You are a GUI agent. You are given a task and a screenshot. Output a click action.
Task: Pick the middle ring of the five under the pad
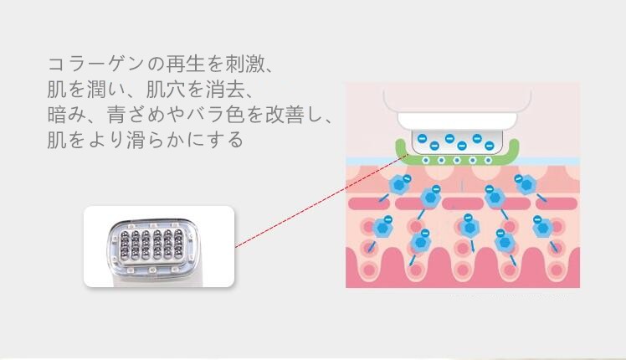[x=457, y=160]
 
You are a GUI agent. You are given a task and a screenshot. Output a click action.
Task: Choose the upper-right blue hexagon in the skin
[x=526, y=185]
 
